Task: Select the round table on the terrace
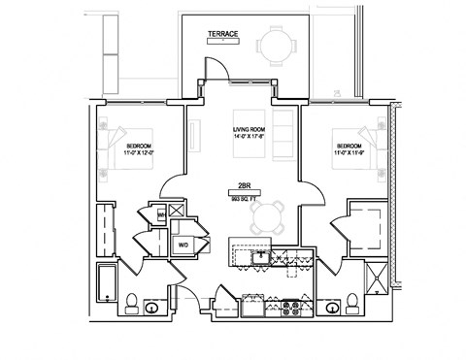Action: pos(275,46)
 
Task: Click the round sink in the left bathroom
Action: pos(152,308)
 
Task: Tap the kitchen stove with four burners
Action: pos(288,308)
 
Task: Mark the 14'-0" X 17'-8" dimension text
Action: pos(250,138)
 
